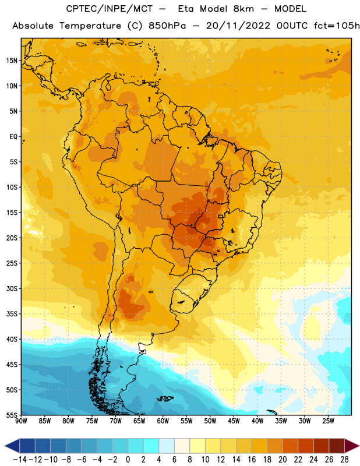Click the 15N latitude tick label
click(x=12, y=61)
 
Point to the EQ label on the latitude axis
click(x=13, y=137)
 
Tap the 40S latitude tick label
click(x=12, y=339)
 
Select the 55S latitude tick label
click(x=12, y=415)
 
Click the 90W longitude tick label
click(x=21, y=421)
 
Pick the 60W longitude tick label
click(x=163, y=421)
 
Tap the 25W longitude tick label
click(x=328, y=421)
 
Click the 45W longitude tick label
click(x=234, y=421)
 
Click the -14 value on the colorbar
click(x=20, y=460)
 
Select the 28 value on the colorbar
click(x=344, y=460)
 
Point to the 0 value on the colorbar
click(x=128, y=460)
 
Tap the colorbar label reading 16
click(x=252, y=460)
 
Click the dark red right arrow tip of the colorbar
click(x=358, y=446)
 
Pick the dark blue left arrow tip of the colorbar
click(x=5, y=446)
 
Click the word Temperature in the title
click(x=90, y=26)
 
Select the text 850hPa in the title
click(x=167, y=26)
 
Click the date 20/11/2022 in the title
click(x=238, y=26)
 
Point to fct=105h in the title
click(x=337, y=26)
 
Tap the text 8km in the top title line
click(x=243, y=9)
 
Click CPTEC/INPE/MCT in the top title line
click(x=110, y=9)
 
